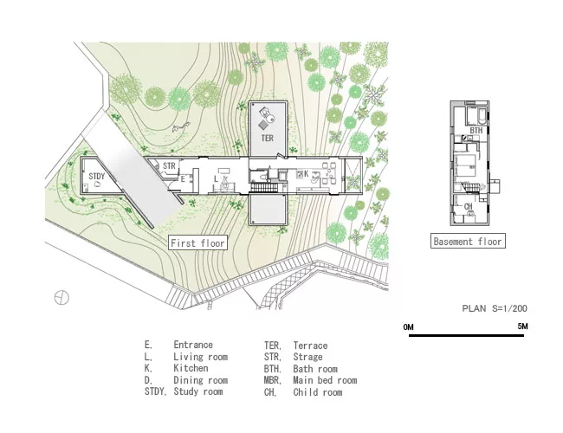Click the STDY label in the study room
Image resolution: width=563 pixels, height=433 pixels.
point(97,176)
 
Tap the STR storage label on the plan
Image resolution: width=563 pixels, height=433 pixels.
point(169,166)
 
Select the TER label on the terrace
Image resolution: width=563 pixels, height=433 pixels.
point(267,138)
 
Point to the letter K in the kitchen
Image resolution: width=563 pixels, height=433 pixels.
point(307,174)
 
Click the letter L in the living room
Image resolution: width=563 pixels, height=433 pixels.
point(216,178)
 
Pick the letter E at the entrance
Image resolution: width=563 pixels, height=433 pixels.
point(183,178)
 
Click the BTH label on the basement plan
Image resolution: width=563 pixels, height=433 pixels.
point(476,130)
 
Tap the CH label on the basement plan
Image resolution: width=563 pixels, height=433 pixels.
point(469,206)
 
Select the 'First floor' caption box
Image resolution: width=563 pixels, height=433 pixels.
point(197,243)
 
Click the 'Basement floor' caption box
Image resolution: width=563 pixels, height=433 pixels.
point(468,241)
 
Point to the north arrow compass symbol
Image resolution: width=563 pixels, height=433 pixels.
point(61,298)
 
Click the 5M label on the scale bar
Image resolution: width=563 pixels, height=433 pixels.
point(523,326)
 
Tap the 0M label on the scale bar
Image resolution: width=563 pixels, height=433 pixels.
point(409,326)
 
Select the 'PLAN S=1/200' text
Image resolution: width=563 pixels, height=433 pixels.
point(495,308)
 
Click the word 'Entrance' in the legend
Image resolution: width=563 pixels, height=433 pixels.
point(193,345)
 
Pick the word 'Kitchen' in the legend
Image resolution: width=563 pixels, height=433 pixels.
point(191,368)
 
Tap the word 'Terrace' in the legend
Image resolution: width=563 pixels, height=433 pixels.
point(311,346)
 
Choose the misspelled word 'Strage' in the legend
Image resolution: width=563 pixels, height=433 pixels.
point(308,357)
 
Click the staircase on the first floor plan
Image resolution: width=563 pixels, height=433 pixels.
point(264,187)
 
